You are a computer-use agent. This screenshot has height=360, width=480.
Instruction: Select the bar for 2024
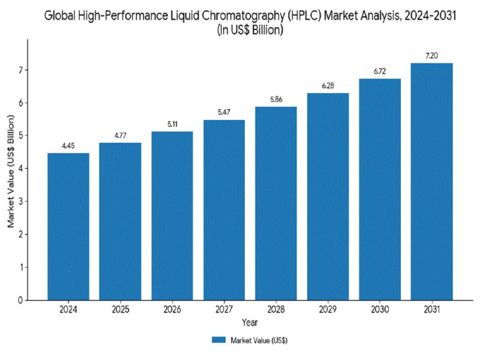68,226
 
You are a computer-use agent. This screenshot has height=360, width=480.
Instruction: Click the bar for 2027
224,209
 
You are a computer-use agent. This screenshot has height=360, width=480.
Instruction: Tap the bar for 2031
431,181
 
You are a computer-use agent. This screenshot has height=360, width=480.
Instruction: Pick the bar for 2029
328,196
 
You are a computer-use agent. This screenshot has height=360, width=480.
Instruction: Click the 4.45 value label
68,146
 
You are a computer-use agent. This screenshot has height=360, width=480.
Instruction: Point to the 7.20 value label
431,56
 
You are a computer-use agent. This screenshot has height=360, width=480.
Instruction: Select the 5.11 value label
172,124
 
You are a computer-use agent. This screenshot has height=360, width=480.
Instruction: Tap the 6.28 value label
328,86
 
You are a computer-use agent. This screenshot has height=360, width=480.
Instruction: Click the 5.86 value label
276,100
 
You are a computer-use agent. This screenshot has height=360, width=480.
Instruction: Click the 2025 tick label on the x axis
120,310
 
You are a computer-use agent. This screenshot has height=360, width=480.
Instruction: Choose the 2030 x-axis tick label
380,310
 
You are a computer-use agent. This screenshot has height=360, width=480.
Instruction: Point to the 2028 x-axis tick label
276,310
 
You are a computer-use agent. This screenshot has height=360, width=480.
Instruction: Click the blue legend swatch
218,340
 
